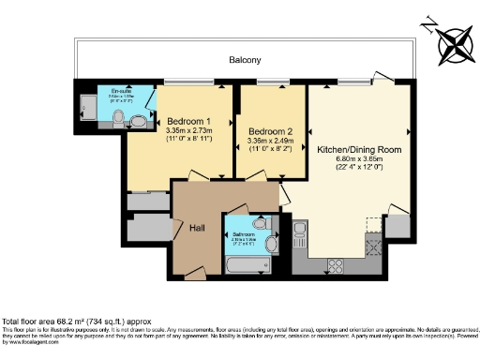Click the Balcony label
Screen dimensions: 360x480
point(245,60)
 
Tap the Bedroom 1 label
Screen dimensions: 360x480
point(188,121)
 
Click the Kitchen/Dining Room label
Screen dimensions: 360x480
point(360,149)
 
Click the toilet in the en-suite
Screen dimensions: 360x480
point(118,117)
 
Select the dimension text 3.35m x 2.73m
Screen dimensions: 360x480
point(188,130)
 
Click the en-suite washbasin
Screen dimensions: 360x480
point(138,120)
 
